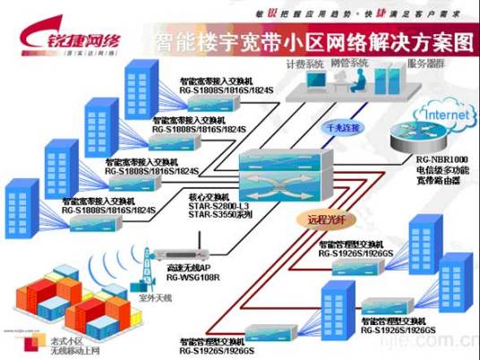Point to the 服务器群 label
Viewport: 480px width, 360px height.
coord(424,64)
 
